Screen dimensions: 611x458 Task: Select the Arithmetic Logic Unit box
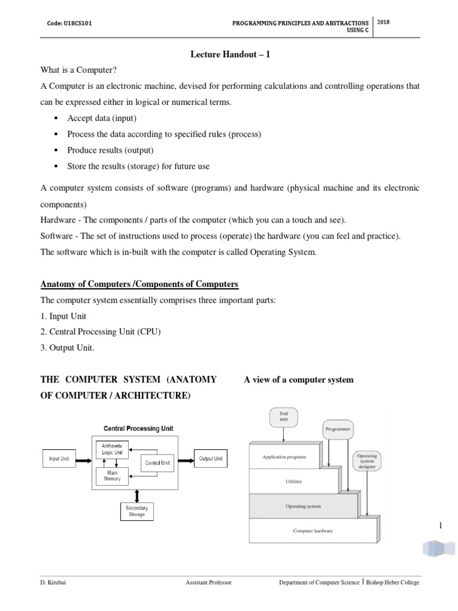click(x=112, y=449)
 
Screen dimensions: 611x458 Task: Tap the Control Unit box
click(x=157, y=462)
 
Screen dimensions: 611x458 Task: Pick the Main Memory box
click(x=112, y=476)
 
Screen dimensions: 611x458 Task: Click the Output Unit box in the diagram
click(x=211, y=459)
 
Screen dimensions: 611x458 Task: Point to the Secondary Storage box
click(x=137, y=511)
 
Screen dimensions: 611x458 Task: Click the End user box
click(x=284, y=416)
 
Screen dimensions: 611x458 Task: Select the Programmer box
click(x=338, y=428)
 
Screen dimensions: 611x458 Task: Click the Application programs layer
click(x=284, y=457)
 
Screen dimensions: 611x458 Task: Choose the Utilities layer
click(x=293, y=480)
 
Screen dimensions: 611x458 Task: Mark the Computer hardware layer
click(x=312, y=530)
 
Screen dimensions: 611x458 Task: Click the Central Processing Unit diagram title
click(x=139, y=428)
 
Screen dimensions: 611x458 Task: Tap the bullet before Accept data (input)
click(x=55, y=118)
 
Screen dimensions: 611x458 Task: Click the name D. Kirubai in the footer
click(x=54, y=582)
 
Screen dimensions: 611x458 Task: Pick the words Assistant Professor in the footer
click(x=209, y=582)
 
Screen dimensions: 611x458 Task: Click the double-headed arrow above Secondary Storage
click(x=137, y=495)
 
